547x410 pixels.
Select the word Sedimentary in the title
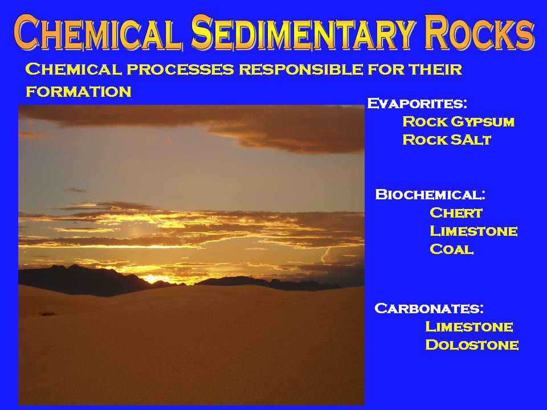(304, 32)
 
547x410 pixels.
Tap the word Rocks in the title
(479, 32)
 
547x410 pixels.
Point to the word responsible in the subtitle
(301, 69)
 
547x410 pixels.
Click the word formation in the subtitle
(79, 92)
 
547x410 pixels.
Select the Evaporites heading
(417, 104)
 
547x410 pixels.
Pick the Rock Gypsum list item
(458, 122)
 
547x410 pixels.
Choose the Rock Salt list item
(447, 140)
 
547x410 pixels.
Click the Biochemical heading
(430, 194)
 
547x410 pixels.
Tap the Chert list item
(456, 212)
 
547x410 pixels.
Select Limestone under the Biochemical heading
(473, 231)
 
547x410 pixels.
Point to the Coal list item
(451, 249)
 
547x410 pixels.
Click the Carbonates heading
(429, 308)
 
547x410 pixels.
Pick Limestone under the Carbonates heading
(469, 327)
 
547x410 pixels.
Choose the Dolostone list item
(472, 345)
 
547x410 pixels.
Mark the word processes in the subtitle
(180, 69)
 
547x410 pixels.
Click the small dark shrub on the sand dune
(47, 314)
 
